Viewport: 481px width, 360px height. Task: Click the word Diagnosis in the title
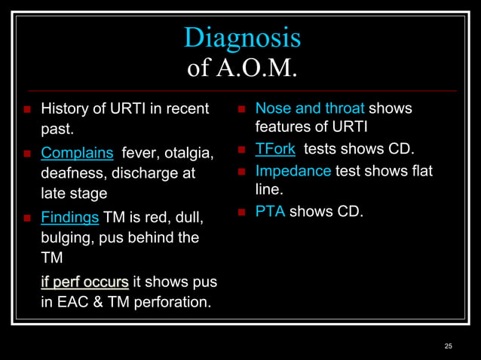pos(242,37)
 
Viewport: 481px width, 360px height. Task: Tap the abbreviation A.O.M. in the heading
pos(259,69)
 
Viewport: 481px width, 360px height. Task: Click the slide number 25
pos(449,346)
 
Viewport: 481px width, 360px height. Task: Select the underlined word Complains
pos(77,153)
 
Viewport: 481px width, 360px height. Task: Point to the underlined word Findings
pos(69,217)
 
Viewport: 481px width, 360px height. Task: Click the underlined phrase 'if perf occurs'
pos(84,283)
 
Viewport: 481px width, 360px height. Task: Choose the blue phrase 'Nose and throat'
pos(310,108)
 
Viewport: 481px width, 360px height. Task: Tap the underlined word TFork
pos(275,148)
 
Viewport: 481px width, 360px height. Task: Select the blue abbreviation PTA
pos(270,212)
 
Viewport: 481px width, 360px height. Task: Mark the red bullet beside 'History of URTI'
pos(26,109)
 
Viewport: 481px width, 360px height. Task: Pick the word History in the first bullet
pos(63,108)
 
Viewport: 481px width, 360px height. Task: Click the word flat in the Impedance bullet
pos(418,171)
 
